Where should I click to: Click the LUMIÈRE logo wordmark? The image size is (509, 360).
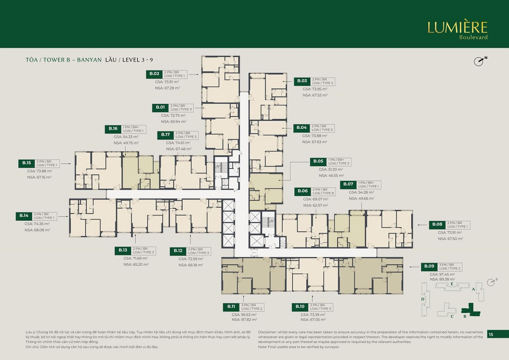pyautogui.click(x=457, y=27)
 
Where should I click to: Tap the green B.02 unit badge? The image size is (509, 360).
pyautogui.click(x=154, y=74)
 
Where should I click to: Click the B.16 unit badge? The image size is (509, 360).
pyautogui.click(x=113, y=128)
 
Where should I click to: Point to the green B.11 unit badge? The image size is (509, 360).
pyautogui.click(x=231, y=307)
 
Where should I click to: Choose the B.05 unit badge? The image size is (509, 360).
pyautogui.click(x=318, y=162)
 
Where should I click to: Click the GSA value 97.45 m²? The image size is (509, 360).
pyautogui.click(x=442, y=274)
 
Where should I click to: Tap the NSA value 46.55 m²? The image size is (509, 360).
pyautogui.click(x=331, y=175)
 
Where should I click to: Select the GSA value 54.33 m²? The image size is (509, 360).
pyautogui.click(x=126, y=136)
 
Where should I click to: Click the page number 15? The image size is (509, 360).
pyautogui.click(x=491, y=335)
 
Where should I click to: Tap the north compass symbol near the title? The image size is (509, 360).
pyautogui.click(x=479, y=61)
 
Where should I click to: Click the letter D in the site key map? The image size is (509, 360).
pyautogui.click(x=423, y=299)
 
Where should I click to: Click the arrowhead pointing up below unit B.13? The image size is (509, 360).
pyautogui.click(x=136, y=236)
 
